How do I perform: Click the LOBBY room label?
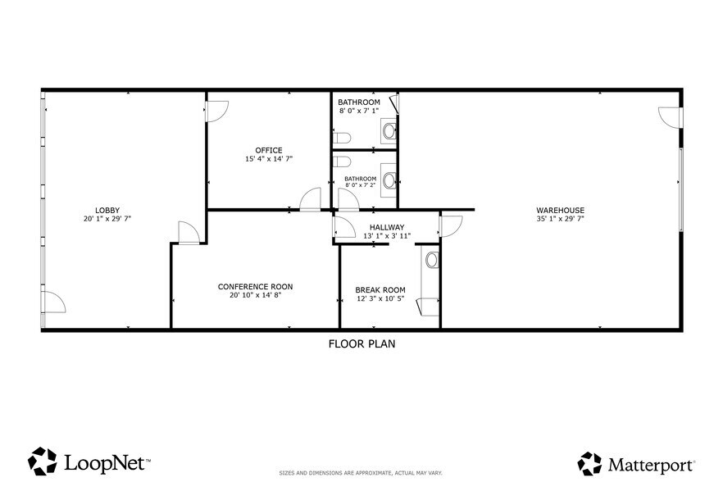[x=107, y=210]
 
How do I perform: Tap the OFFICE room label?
[x=269, y=150]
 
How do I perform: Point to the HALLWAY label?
[x=386, y=227]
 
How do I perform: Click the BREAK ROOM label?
[x=380, y=289]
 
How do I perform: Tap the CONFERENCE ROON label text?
[x=255, y=286]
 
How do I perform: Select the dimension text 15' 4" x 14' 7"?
[x=269, y=159]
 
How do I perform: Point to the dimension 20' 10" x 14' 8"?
[x=255, y=295]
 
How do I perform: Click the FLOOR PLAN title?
[x=361, y=344]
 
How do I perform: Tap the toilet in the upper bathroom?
[x=342, y=137]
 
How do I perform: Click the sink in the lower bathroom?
[x=389, y=180]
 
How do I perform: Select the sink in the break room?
[x=432, y=260]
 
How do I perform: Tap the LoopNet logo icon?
[x=43, y=462]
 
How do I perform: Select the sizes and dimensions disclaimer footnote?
[x=361, y=473]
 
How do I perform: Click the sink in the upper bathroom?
[x=389, y=130]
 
